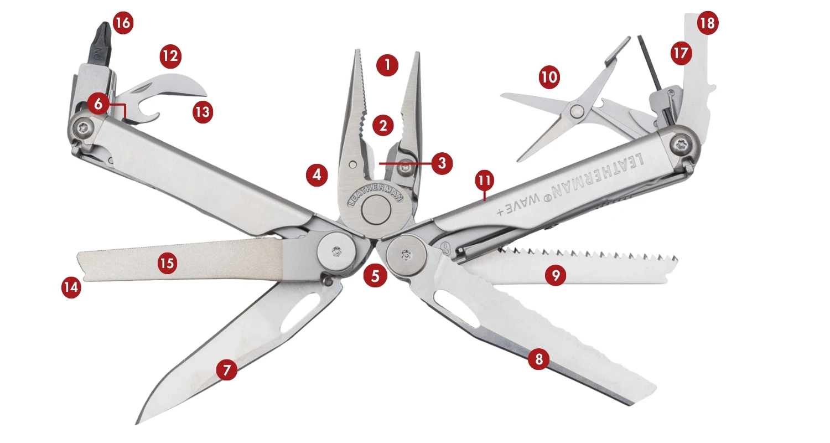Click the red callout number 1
(x=387, y=65)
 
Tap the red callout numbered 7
(x=227, y=369)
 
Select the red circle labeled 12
(x=170, y=56)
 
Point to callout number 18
(x=707, y=23)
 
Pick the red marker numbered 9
(x=556, y=275)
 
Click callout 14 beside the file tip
(x=71, y=287)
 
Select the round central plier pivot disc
(x=376, y=210)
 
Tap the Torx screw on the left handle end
(x=83, y=128)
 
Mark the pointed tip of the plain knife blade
(x=137, y=424)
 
